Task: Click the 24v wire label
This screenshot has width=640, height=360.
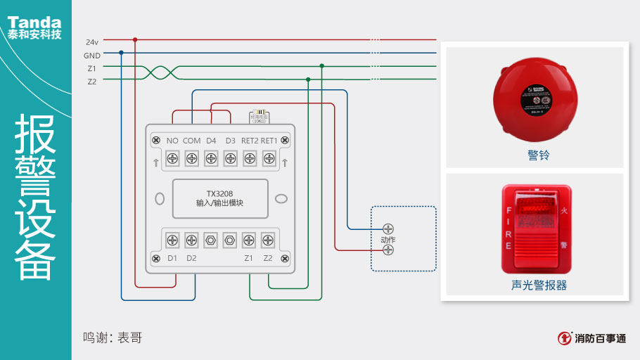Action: click(92, 42)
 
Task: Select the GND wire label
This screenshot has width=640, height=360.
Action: click(92, 56)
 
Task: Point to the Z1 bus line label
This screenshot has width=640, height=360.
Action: click(92, 68)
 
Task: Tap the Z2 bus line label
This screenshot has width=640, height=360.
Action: click(92, 82)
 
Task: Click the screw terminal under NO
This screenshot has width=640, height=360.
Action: click(172, 158)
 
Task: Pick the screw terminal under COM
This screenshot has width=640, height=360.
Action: click(191, 158)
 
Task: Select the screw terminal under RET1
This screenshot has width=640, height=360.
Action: click(269, 158)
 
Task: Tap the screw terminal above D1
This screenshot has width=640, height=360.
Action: click(172, 240)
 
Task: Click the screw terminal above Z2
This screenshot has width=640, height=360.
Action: click(268, 240)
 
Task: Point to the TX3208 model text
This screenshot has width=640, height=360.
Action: click(219, 193)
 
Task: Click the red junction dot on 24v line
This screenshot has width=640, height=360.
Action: click(135, 39)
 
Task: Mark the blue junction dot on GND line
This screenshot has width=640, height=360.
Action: click(122, 53)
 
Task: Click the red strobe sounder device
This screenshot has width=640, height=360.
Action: click(536, 229)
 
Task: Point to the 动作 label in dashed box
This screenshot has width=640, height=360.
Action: click(388, 240)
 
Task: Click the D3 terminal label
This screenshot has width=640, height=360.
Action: click(230, 141)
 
